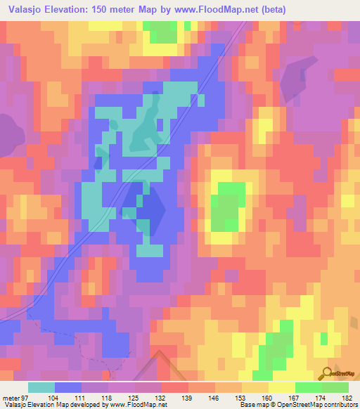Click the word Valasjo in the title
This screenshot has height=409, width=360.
pos(26,8)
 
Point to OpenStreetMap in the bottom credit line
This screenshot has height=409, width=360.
pos(285,404)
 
